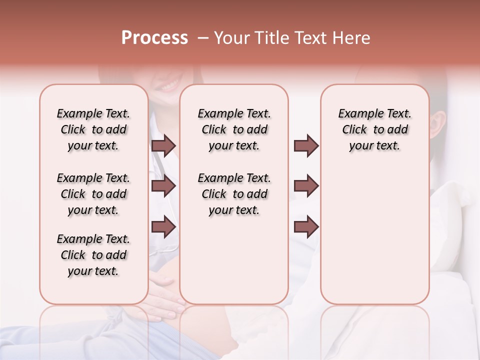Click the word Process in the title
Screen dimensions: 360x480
[x=154, y=37]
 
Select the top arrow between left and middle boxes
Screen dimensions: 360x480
[x=163, y=146]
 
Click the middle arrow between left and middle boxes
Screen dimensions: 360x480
[x=163, y=186]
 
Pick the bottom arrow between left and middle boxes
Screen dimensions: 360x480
[x=163, y=227]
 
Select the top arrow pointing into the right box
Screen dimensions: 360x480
[x=306, y=146]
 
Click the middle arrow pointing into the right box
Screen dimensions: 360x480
[x=306, y=186]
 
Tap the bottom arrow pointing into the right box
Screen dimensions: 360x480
[x=306, y=227]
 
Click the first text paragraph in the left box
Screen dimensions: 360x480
[x=93, y=129]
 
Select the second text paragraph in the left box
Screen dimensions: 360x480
[x=93, y=194]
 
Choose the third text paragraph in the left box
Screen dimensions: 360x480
[x=93, y=255]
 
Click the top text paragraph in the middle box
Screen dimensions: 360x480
[x=234, y=129]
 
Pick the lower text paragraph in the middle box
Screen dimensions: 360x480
[x=234, y=194]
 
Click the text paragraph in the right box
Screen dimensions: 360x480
[x=374, y=129]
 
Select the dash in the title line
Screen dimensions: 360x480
[x=203, y=38]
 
